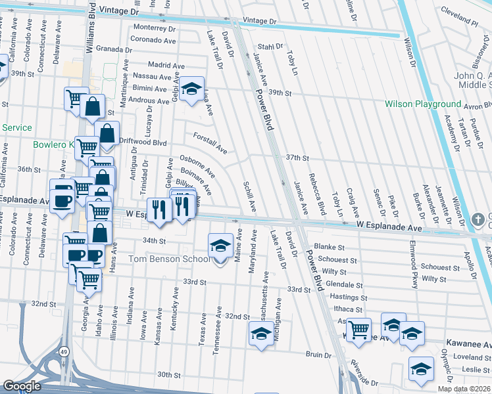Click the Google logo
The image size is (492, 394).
click(x=22, y=386)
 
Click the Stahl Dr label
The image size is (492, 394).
click(x=270, y=47)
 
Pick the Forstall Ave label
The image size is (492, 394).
click(x=210, y=144)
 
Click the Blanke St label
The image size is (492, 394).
click(x=330, y=247)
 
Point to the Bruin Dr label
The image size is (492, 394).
click(x=318, y=355)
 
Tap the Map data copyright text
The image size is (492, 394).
click(x=464, y=389)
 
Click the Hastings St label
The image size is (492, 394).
click(x=349, y=297)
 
